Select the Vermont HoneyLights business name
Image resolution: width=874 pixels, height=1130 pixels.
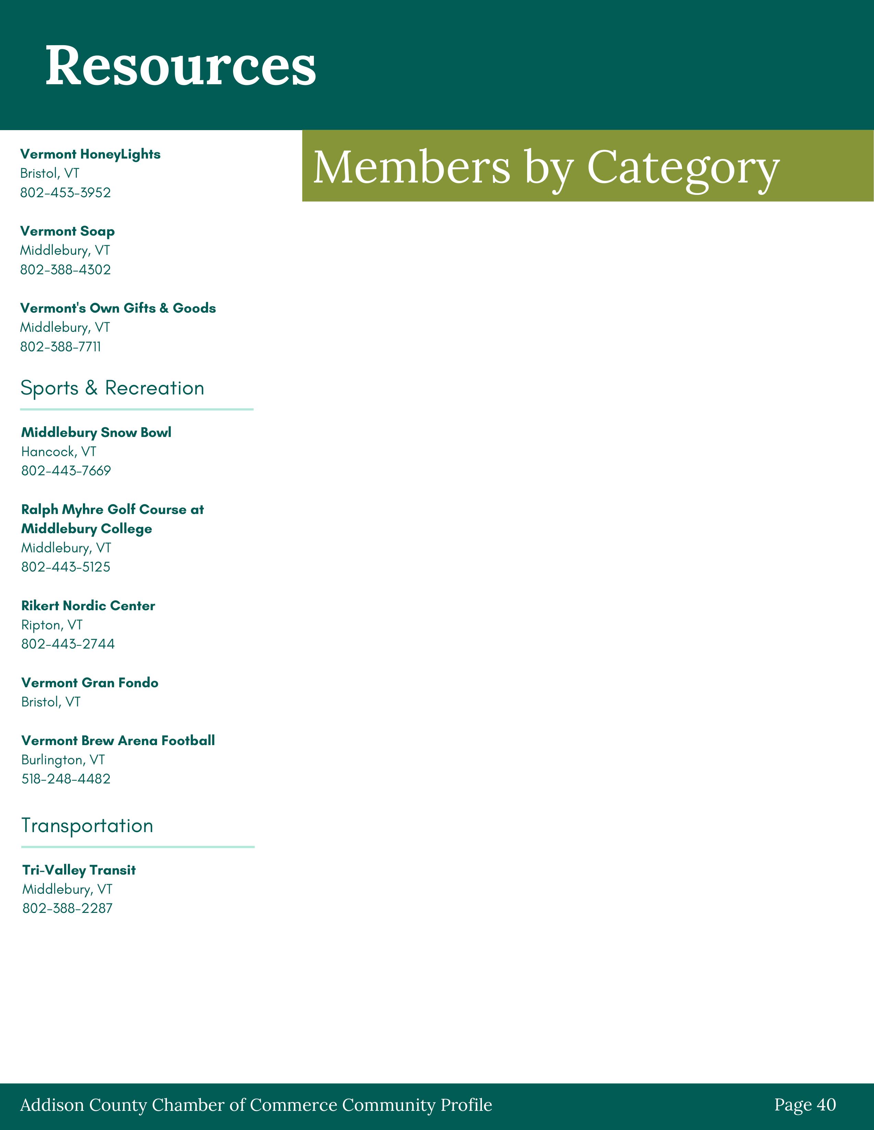90,154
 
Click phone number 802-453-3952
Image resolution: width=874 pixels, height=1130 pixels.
65,192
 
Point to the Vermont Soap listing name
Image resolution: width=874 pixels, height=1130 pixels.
67,231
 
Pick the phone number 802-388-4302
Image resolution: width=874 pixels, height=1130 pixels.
65,269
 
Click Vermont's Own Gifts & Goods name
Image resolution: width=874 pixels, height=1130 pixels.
118,309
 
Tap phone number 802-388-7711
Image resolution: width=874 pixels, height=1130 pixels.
61,347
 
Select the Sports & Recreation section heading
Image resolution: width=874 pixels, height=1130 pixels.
112,388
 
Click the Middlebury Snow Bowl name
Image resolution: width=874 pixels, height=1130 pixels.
96,432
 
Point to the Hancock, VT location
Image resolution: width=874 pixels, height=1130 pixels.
59,452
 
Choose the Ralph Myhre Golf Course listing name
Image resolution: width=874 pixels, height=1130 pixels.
112,519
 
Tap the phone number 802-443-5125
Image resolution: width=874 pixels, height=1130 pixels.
66,567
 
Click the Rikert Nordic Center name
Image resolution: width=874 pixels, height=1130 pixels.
88,606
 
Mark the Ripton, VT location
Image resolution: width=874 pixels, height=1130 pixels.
52,625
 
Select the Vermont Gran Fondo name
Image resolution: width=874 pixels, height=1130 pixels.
89,683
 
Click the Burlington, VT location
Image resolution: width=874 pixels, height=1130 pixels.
63,760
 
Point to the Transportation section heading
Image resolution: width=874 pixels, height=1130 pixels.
87,826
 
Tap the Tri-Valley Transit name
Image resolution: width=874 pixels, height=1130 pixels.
79,870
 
